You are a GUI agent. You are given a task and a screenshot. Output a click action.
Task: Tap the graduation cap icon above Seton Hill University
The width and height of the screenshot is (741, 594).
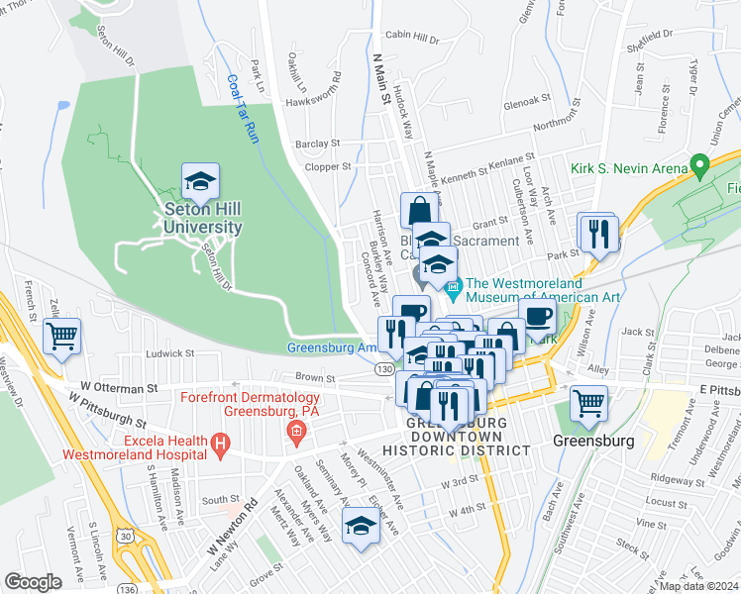point(200,181)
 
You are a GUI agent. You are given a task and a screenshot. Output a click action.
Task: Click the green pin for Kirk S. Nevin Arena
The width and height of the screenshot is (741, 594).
point(699,164)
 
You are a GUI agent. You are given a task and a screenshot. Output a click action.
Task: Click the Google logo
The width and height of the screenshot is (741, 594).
point(33,581)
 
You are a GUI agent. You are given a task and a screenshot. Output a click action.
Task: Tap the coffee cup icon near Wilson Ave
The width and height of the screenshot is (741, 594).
point(538,318)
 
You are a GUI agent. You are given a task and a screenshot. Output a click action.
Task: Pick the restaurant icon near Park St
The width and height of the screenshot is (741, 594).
point(598,234)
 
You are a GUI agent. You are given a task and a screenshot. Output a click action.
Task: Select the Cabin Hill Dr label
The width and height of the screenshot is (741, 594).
point(411,39)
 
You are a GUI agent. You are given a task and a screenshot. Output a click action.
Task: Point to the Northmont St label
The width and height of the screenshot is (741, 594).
point(567,124)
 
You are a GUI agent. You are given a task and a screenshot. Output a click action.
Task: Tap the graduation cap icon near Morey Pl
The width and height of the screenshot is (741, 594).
point(362,527)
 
